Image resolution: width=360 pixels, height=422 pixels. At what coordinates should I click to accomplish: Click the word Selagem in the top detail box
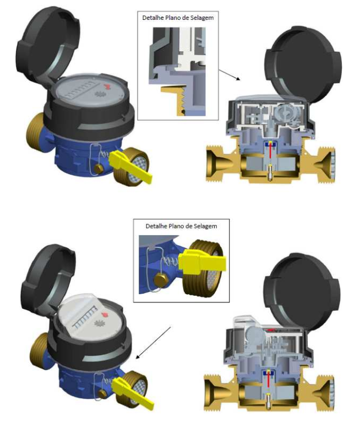(202, 18)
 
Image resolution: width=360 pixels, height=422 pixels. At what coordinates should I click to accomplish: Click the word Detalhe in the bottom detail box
(155, 226)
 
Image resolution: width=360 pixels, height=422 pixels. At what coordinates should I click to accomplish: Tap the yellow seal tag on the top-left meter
(130, 166)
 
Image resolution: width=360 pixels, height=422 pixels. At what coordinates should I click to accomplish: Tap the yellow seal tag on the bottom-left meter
(133, 389)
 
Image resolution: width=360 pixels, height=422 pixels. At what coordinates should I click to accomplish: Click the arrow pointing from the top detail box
(229, 75)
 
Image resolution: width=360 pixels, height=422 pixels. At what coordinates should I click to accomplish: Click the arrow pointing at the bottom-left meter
(153, 343)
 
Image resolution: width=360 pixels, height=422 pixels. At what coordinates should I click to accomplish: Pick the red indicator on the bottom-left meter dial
(105, 315)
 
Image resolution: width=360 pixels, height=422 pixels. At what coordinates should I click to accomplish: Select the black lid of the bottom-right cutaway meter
(301, 291)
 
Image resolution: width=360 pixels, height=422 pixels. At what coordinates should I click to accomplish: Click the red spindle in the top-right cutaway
(270, 153)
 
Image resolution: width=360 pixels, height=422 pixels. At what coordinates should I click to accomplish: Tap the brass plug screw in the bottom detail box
(161, 281)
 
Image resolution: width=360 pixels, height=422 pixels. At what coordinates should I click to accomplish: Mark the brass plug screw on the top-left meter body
(99, 169)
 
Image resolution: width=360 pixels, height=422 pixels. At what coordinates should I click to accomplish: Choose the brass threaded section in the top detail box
(174, 100)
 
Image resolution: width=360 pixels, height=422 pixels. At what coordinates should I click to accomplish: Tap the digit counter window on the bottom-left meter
(85, 318)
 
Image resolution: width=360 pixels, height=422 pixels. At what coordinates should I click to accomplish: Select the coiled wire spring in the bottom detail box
(170, 262)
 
